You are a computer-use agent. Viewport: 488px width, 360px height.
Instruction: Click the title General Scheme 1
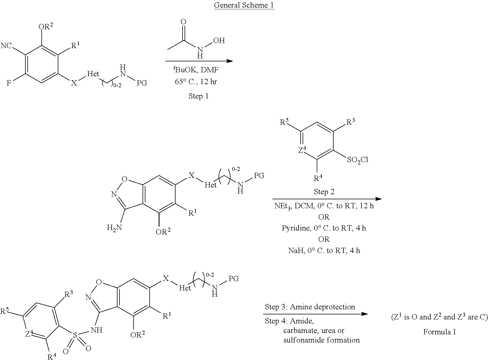click(x=244, y=5)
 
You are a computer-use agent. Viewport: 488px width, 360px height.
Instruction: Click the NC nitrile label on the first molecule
click(x=6, y=46)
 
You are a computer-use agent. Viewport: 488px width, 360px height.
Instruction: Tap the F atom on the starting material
click(x=9, y=83)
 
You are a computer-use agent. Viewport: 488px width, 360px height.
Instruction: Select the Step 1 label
click(x=199, y=96)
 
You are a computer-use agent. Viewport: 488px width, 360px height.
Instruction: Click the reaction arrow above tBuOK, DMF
click(x=199, y=61)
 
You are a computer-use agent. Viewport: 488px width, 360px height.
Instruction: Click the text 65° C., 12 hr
click(x=199, y=82)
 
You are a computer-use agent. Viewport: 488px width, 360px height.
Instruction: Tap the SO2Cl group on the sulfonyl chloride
click(x=358, y=160)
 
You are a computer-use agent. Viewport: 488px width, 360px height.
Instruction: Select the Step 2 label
click(x=324, y=192)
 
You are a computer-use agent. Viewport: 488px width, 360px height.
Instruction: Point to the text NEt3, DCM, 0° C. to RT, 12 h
click(x=324, y=206)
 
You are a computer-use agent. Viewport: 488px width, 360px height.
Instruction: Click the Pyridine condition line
click(x=324, y=228)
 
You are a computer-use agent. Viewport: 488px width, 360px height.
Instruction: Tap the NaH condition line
click(x=324, y=250)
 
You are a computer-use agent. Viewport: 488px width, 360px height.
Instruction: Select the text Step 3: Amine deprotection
click(x=310, y=307)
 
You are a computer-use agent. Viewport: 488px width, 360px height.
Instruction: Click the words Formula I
click(x=440, y=332)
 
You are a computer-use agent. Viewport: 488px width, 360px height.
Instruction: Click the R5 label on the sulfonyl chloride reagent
click(x=285, y=122)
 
